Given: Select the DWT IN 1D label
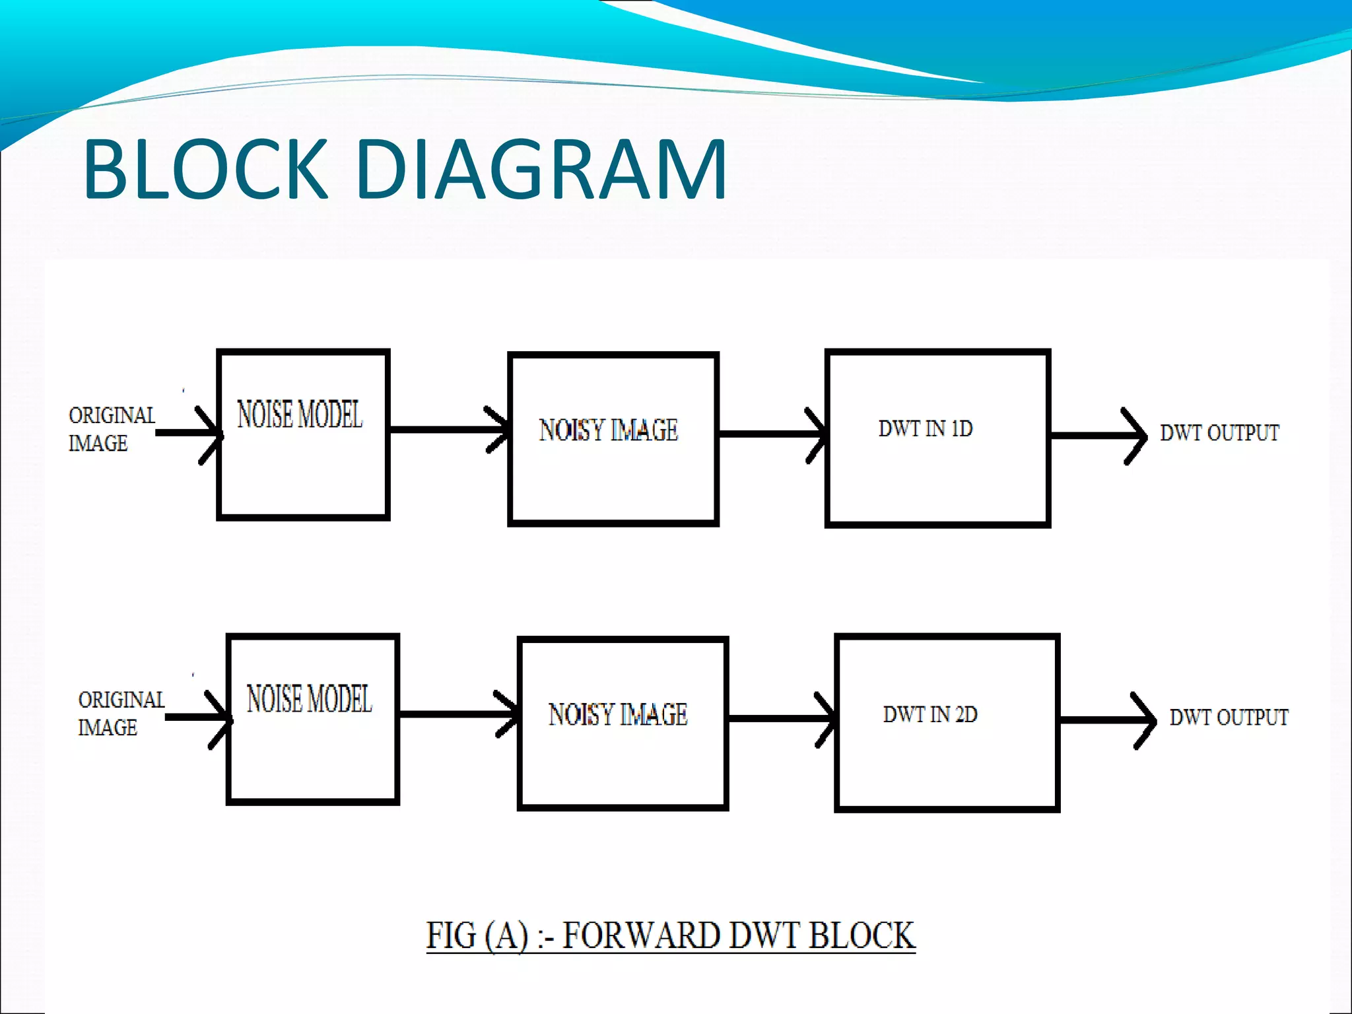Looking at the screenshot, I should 925,428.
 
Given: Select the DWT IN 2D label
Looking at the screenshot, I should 929,714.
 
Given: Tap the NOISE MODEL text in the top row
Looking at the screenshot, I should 300,415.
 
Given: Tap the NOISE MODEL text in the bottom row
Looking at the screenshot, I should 309,699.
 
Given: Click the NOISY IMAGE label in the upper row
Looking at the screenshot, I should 608,430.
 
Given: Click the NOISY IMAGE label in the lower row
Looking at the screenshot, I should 618,715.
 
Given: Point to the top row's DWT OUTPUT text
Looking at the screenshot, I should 1219,433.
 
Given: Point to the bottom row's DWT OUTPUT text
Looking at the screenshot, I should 1229,718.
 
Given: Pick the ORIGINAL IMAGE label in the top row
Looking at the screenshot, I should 111,429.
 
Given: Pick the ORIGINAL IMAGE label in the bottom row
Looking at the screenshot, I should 120,714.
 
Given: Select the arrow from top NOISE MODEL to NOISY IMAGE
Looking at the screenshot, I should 449,430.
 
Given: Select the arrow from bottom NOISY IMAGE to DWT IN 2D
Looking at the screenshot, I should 779,718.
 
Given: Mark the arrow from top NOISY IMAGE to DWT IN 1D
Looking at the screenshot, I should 769,434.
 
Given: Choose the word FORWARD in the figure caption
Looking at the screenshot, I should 640,935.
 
